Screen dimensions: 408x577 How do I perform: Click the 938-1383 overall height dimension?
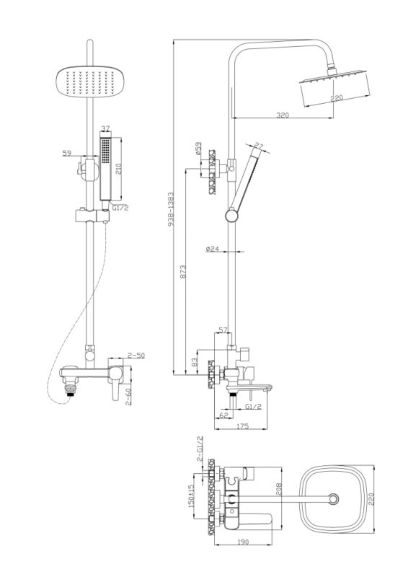coord(171,208)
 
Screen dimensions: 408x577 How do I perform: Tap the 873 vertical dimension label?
coord(183,271)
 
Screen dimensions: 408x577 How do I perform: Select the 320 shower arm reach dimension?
coord(283,115)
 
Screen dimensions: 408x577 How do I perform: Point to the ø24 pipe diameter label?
coord(213,249)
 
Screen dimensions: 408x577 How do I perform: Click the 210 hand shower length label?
coord(118,169)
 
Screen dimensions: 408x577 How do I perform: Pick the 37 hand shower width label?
coord(105,128)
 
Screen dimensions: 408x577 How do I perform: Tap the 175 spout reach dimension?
coord(242,426)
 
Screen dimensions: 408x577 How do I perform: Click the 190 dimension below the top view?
coord(243,542)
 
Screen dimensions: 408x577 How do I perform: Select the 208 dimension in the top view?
coord(278,489)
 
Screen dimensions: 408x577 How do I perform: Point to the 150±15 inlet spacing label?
coord(191,495)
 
